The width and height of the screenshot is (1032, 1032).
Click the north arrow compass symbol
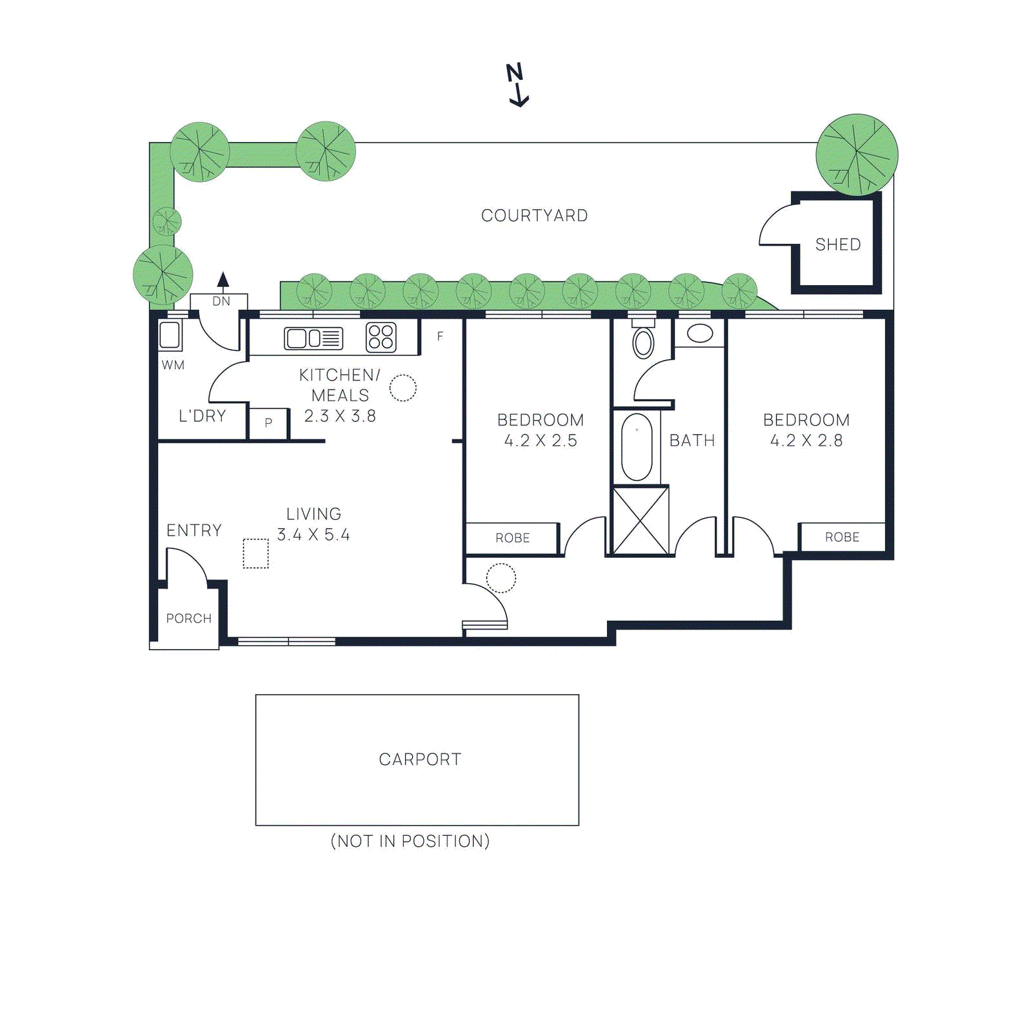pyautogui.click(x=517, y=84)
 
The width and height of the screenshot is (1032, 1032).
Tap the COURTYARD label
pyautogui.click(x=534, y=215)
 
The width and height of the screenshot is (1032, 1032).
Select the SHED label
pyautogui.click(x=838, y=244)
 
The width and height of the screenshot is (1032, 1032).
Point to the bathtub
pyautogui.click(x=637, y=447)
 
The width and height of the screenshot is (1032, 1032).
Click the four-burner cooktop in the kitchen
pyautogui.click(x=381, y=337)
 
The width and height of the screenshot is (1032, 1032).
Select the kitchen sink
pyautogui.click(x=313, y=338)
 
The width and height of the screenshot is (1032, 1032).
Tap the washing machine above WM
pyautogui.click(x=170, y=335)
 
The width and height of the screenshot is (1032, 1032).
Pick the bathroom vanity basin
pyautogui.click(x=700, y=333)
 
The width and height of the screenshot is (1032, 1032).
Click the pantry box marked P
pyautogui.click(x=268, y=424)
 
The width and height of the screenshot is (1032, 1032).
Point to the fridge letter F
pyautogui.click(x=440, y=336)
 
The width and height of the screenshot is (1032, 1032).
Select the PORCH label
pyautogui.click(x=188, y=619)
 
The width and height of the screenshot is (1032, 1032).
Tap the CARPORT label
pyautogui.click(x=420, y=759)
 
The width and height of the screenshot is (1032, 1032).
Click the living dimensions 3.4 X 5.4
pyautogui.click(x=313, y=535)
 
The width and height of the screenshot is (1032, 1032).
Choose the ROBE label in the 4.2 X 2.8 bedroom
pyautogui.click(x=842, y=537)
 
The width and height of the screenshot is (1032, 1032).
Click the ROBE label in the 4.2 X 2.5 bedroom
pyautogui.click(x=512, y=538)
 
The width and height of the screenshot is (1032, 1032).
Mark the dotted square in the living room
pyautogui.click(x=255, y=553)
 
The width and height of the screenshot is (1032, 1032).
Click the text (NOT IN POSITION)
pyautogui.click(x=410, y=841)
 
